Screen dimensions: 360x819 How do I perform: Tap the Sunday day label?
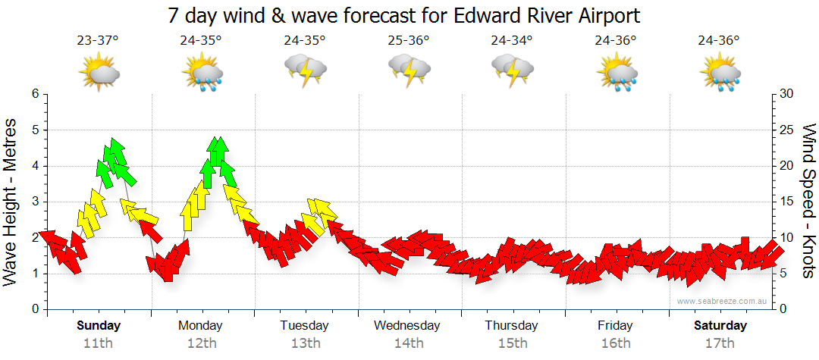pyautogui.click(x=99, y=326)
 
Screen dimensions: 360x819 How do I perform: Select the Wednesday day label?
pyautogui.click(x=407, y=326)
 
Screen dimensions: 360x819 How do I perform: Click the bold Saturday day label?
pyautogui.click(x=720, y=326)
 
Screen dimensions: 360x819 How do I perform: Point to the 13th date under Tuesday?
pyautogui.click(x=304, y=343)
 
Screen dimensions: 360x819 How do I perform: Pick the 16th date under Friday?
pyautogui.click(x=615, y=343)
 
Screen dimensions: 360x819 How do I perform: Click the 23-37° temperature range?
pyautogui.click(x=98, y=41)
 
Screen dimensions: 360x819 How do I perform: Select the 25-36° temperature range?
pyautogui.click(x=409, y=41)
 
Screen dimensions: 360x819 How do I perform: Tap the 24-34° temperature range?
pyautogui.click(x=512, y=41)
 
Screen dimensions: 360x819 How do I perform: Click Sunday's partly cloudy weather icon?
pyautogui.click(x=99, y=73)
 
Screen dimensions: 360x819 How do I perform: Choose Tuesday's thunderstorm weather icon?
pyautogui.click(x=306, y=71)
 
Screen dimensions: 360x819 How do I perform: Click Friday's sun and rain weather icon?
pyautogui.click(x=616, y=74)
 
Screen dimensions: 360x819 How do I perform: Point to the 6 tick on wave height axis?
pyautogui.click(x=34, y=94)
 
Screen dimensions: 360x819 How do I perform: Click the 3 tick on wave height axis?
pyautogui.click(x=34, y=202)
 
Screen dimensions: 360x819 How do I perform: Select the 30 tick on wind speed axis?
pyautogui.click(x=787, y=94)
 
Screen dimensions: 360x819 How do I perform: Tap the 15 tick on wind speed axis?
pyautogui.click(x=787, y=202)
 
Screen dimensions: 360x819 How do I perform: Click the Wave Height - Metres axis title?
pyautogui.click(x=12, y=202)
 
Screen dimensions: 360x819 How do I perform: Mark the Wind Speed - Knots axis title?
pyautogui.click(x=808, y=202)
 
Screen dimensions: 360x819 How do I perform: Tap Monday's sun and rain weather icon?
pyautogui.click(x=202, y=74)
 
